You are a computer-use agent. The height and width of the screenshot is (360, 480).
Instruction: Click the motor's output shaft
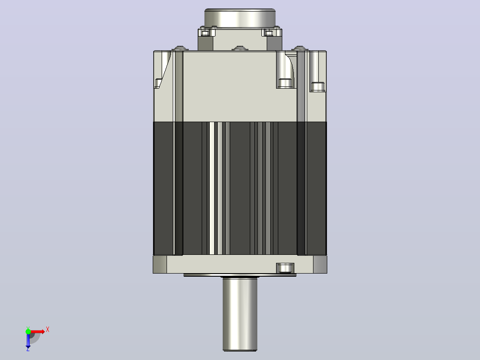coord(240,314)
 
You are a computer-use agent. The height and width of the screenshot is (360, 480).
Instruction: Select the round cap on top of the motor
coord(240,18)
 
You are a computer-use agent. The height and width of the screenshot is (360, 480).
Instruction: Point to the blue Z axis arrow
coord(28,340)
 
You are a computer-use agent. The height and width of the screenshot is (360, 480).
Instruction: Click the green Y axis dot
coord(28,331)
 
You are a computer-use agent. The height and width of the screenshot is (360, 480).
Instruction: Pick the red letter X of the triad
coord(48,330)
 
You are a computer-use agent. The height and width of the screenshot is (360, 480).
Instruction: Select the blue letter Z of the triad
coord(28,349)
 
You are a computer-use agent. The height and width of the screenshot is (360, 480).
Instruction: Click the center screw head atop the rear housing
coord(240,48)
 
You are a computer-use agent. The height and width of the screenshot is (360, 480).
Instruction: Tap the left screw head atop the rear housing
coord(180,48)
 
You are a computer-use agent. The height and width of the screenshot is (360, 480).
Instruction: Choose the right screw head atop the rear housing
coord(299,48)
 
